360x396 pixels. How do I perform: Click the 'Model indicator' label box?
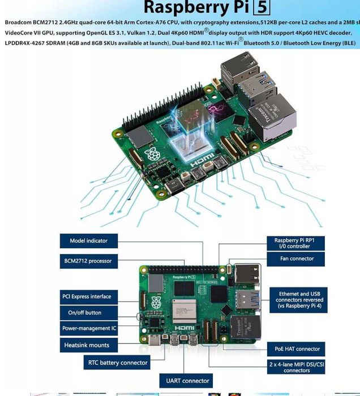tap(89, 240)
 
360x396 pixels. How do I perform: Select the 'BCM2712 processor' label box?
tap(89, 261)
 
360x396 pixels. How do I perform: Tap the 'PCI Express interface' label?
tap(86, 296)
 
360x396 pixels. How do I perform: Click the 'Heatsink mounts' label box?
tap(86, 345)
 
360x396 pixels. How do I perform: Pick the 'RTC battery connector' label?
tap(118, 363)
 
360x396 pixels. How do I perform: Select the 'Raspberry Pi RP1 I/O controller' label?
tap(297, 243)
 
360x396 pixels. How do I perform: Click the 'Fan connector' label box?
tap(297, 259)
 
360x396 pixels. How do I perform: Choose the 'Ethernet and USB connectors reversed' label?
tap(301, 300)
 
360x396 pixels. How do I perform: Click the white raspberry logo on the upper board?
tap(151, 154)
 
